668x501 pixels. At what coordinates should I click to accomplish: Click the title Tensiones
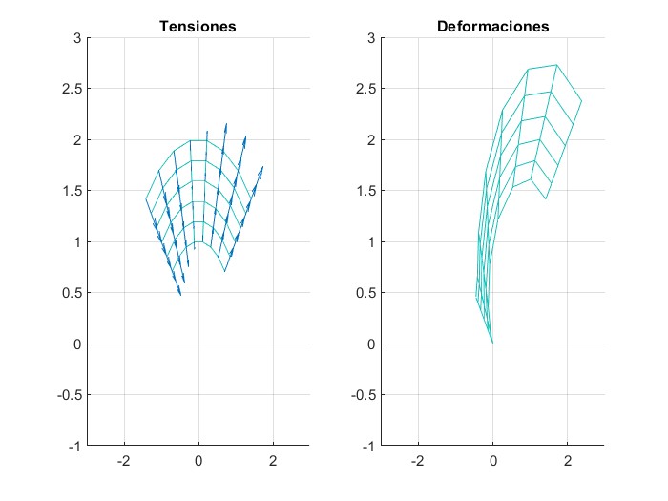point(197,27)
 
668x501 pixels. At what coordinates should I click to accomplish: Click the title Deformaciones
point(492,27)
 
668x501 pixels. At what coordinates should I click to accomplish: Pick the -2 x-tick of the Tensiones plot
point(121,461)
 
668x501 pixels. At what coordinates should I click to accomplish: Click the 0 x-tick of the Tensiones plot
point(198,461)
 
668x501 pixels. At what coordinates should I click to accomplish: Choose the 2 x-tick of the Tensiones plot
point(274,461)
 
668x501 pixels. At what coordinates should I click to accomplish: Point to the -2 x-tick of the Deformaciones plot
point(416,461)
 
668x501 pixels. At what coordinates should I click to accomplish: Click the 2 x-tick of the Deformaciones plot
point(568,461)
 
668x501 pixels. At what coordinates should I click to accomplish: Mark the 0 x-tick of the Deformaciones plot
point(492,461)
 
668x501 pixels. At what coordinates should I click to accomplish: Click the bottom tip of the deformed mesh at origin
point(492,344)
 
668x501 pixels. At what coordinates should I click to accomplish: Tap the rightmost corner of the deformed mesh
point(581,101)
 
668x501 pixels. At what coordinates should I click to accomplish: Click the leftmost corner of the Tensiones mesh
point(146,199)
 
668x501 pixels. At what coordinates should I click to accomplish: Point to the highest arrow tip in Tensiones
point(226,122)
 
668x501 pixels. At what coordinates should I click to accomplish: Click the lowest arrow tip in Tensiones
point(180,296)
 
